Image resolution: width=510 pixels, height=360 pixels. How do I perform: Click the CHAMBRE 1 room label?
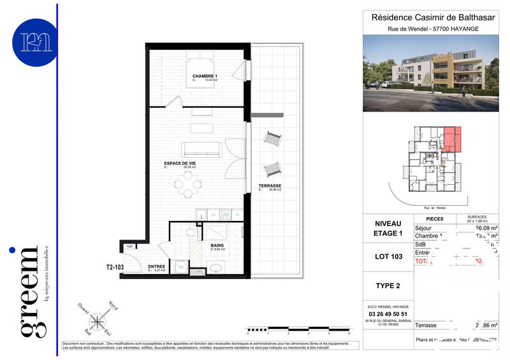[x=205, y=76]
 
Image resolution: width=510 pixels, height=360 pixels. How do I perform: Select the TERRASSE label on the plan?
[x=270, y=186]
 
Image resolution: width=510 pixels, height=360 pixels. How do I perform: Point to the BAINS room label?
[x=217, y=245]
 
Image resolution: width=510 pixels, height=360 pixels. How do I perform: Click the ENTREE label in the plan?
[x=157, y=266]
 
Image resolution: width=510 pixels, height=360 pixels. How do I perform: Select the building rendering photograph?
[x=434, y=72]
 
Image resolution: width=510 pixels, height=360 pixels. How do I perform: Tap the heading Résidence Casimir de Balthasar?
[x=434, y=18]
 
